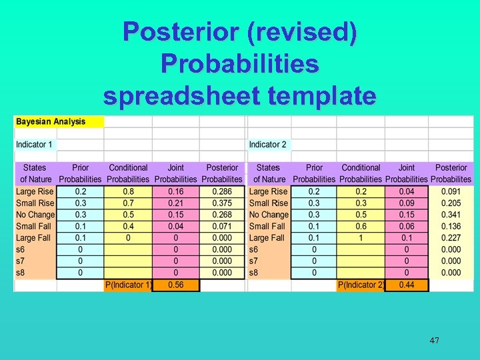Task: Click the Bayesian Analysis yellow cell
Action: coord(59,122)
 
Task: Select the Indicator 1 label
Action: coord(35,145)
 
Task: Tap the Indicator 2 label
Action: coord(267,145)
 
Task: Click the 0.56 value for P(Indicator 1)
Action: coord(176,285)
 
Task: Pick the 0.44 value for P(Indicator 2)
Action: coord(406,285)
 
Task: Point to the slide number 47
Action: coord(434,341)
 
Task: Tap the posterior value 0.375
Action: coord(222,203)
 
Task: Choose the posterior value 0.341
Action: coord(451,215)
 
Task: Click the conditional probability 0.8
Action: coord(128,191)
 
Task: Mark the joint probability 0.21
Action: coord(176,203)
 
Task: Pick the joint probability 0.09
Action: coord(406,203)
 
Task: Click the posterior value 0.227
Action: coord(451,238)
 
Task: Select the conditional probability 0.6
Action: coord(361,226)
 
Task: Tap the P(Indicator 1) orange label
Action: coord(129,285)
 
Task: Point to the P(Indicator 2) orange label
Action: coord(361,285)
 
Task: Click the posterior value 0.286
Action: coord(222,191)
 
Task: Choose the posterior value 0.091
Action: coord(451,191)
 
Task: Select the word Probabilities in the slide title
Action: coord(240,64)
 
